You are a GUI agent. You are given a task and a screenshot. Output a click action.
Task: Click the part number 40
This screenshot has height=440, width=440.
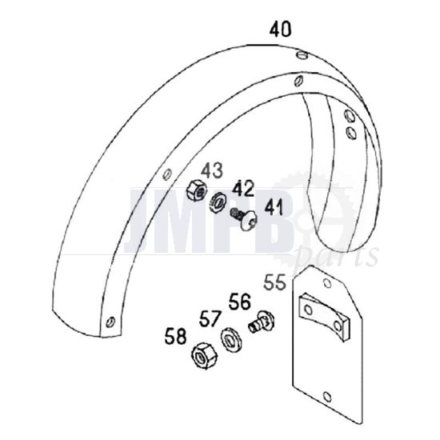click(280, 30)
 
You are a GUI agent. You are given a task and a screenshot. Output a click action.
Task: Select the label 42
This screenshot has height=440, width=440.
click(242, 190)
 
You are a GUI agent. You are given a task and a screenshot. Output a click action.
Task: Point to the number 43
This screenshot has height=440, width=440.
click(211, 170)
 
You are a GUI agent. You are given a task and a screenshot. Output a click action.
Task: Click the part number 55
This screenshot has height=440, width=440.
click(274, 282)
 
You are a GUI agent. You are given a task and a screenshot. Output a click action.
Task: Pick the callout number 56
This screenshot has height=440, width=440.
click(239, 302)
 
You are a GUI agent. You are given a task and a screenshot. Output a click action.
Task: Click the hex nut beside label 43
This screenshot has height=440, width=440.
click(194, 191)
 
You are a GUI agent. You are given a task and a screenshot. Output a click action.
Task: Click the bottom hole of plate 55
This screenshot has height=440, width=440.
click(329, 395)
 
